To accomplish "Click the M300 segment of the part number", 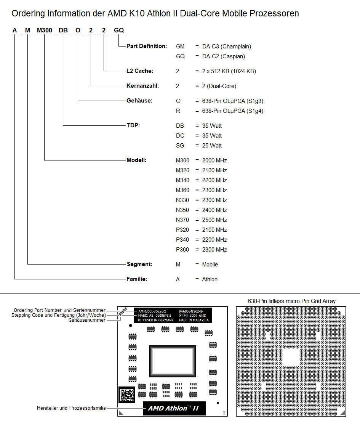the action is coord(45,30).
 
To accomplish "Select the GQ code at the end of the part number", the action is coord(119,30).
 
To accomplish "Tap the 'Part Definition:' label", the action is coord(147,46).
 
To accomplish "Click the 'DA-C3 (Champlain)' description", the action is coord(226,47).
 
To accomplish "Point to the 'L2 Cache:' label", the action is coord(140,71).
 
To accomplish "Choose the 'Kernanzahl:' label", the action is coord(143,86).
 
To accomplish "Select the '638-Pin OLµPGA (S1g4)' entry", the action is coord(233,111).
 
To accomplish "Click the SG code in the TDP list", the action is coord(180,146).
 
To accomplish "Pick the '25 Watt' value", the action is coord(212,146).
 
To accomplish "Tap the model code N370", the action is coord(182,220).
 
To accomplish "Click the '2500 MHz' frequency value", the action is coord(214,220).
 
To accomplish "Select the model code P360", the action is coord(182,250).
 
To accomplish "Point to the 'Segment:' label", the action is coord(139,264).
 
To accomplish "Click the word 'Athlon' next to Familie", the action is coord(210,279).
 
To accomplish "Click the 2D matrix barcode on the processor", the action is coord(127,395).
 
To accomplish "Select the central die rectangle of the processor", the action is coord(172,361).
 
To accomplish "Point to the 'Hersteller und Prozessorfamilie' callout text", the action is coord(71,408).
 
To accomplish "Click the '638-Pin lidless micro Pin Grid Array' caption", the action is coord(291,301).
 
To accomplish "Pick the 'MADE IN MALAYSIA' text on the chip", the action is coord(194,320).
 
